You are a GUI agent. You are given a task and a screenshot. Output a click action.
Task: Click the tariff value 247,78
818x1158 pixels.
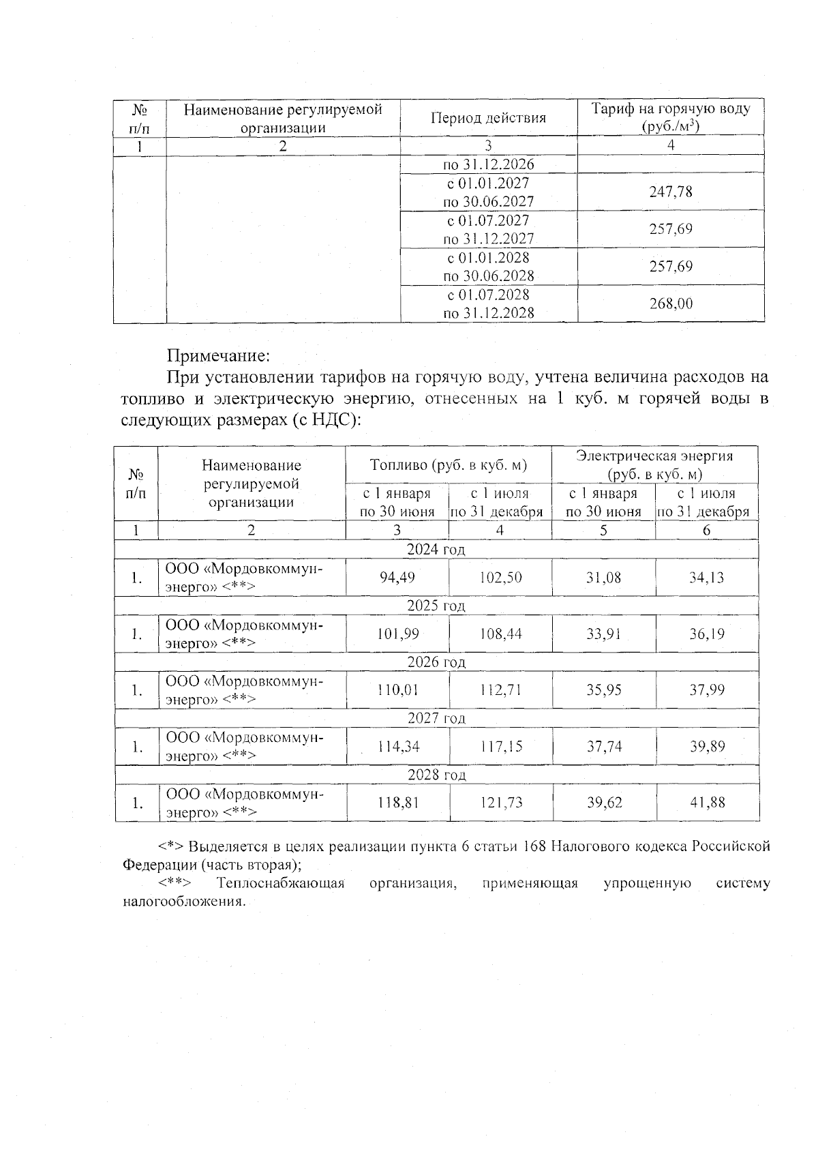click(671, 192)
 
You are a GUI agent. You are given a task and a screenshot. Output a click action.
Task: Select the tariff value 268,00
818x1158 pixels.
click(671, 304)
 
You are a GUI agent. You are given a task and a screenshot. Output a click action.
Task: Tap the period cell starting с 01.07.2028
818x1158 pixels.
click(488, 304)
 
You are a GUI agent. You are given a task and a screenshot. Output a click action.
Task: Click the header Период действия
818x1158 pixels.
click(488, 118)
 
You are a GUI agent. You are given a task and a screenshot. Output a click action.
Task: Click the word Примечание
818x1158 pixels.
click(219, 356)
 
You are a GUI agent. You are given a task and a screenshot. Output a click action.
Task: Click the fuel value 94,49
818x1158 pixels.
click(397, 578)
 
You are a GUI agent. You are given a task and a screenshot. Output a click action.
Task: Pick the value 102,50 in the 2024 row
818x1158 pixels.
click(500, 578)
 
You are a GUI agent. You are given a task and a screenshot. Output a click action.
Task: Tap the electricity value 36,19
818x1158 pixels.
click(706, 634)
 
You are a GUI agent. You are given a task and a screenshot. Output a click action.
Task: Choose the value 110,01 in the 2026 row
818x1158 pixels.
click(397, 690)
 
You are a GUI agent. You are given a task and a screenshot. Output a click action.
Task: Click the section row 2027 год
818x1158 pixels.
click(436, 718)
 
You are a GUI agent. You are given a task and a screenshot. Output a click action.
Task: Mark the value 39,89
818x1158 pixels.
click(706, 747)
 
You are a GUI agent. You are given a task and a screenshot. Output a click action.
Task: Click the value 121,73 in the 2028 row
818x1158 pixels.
click(501, 803)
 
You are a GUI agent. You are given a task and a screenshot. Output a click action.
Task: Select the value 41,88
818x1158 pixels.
click(707, 803)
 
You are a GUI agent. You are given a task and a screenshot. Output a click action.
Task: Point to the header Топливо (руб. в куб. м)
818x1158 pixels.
click(449, 465)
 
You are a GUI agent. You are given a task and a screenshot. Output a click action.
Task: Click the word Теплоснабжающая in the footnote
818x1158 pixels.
click(280, 884)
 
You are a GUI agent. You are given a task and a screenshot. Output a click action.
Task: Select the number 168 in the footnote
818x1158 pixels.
click(533, 847)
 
